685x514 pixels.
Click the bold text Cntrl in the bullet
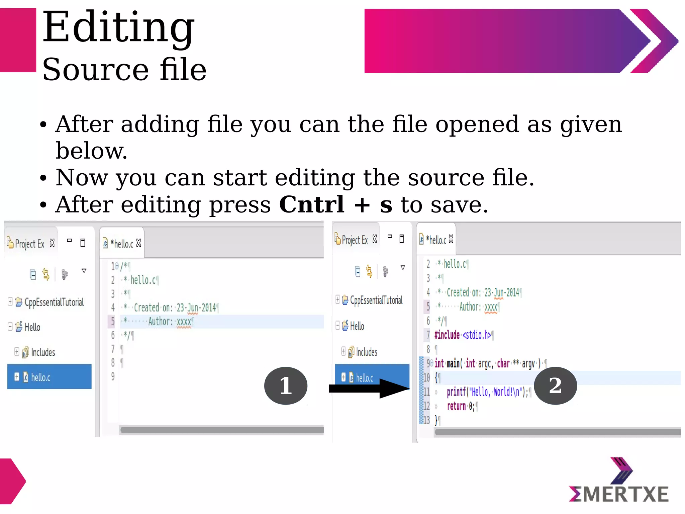pyautogui.click(x=311, y=204)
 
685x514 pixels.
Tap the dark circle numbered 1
pyautogui.click(x=286, y=386)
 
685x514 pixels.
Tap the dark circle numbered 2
pyautogui.click(x=555, y=385)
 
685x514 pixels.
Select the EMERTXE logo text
pyautogui.click(x=619, y=494)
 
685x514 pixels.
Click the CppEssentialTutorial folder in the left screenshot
pyautogui.click(x=54, y=302)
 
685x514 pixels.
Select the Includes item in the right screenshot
pyautogui.click(x=366, y=352)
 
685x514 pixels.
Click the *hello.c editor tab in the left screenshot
pyautogui.click(x=123, y=244)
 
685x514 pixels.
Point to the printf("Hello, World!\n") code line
pyautogui.click(x=487, y=392)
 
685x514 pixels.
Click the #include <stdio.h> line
pyautogui.click(x=463, y=335)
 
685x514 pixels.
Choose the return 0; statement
pyautogui.click(x=461, y=406)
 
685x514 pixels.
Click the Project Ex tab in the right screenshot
pyautogui.click(x=355, y=240)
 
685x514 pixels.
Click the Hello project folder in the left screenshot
pyautogui.click(x=32, y=327)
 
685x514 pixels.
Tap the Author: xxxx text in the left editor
pyautogui.click(x=170, y=322)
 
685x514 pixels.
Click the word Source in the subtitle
pyautogui.click(x=95, y=70)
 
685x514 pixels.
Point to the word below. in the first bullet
pyautogui.click(x=91, y=151)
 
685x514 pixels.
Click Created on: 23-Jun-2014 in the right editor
pyautogui.click(x=483, y=292)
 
